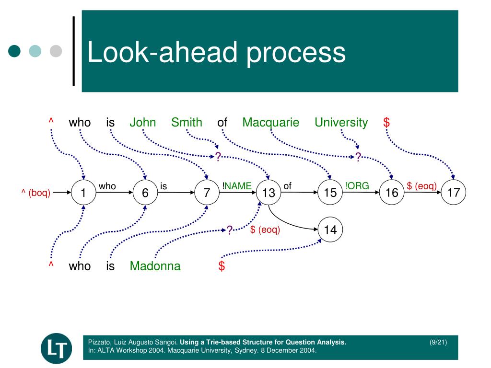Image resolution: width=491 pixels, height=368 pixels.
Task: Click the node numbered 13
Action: pyautogui.click(x=269, y=193)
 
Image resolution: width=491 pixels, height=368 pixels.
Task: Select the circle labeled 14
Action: pyautogui.click(x=330, y=230)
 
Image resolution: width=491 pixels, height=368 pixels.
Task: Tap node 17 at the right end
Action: pyautogui.click(x=454, y=193)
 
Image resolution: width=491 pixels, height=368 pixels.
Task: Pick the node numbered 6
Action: pyautogui.click(x=145, y=193)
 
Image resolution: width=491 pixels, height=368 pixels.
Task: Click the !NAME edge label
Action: pyautogui.click(x=237, y=186)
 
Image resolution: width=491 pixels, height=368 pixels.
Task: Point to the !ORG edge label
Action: pyautogui.click(x=357, y=186)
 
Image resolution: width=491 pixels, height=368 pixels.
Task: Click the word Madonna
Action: pyautogui.click(x=155, y=266)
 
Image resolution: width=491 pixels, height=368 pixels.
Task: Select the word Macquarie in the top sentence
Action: pyautogui.click(x=270, y=123)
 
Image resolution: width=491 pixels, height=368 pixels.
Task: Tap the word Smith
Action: pyautogui.click(x=187, y=123)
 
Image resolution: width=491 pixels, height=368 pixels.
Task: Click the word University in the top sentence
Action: pyautogui.click(x=341, y=123)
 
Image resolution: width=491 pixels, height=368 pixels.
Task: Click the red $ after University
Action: pyautogui.click(x=386, y=123)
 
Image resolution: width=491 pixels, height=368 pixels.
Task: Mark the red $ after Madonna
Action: pyautogui.click(x=222, y=266)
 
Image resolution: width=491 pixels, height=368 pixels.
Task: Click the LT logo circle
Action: pyautogui.click(x=56, y=348)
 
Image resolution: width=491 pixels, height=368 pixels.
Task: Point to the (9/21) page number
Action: pyautogui.click(x=438, y=342)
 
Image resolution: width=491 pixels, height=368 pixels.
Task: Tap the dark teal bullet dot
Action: pyautogui.click(x=15, y=51)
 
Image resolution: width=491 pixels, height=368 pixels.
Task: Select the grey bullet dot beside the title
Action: pyautogui.click(x=56, y=51)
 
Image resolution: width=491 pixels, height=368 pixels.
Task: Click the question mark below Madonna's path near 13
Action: pyautogui.click(x=230, y=230)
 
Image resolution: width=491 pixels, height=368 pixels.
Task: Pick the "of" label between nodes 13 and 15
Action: pyautogui.click(x=287, y=186)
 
